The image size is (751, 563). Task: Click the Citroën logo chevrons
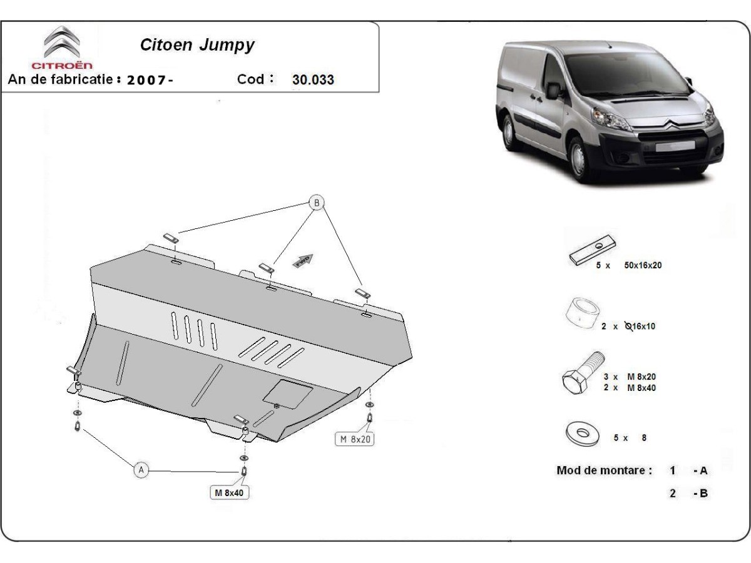click(x=61, y=42)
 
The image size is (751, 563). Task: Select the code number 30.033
click(x=313, y=80)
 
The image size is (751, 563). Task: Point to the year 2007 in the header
click(x=148, y=80)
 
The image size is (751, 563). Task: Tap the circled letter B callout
click(x=317, y=202)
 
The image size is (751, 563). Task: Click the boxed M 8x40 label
click(x=229, y=493)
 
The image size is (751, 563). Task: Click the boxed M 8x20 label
click(x=355, y=439)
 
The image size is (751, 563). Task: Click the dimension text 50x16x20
click(x=643, y=265)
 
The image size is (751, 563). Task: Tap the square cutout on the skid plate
click(x=287, y=393)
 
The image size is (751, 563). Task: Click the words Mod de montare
click(x=604, y=470)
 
